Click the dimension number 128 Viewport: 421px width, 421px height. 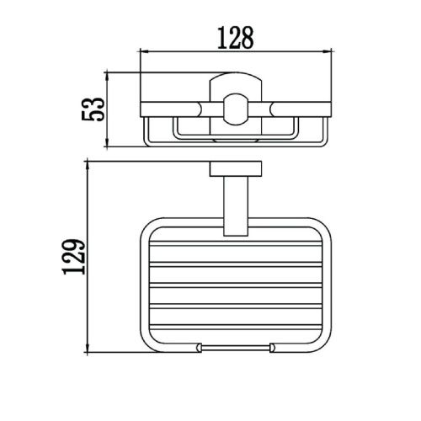(236, 38)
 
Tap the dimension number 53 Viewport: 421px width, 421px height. (93, 109)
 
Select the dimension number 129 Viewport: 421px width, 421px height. (74, 257)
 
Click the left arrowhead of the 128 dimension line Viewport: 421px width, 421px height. (144, 51)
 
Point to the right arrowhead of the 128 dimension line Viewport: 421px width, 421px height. (328, 51)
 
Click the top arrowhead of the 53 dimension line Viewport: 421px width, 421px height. (106, 77)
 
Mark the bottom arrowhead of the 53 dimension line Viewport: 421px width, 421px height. (106, 142)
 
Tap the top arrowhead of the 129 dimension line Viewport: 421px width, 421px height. (88, 166)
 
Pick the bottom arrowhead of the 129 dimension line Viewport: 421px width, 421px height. (88, 348)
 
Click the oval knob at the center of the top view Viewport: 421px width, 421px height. (236, 109)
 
